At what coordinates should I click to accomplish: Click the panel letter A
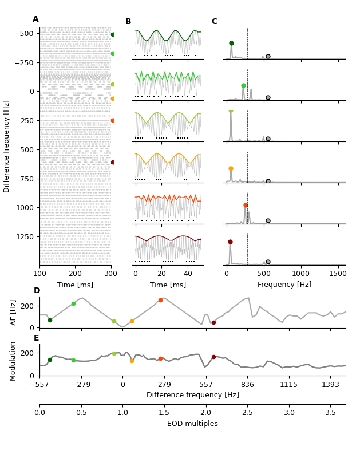click(35, 19)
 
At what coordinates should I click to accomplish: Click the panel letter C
click(215, 22)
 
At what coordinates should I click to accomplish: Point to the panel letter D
click(37, 291)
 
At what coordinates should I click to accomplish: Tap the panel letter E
click(37, 338)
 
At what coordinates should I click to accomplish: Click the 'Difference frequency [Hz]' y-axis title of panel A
click(7, 146)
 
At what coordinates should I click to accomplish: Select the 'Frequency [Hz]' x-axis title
click(284, 285)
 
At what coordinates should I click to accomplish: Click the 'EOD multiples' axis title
click(192, 424)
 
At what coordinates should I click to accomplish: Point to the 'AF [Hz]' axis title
click(14, 312)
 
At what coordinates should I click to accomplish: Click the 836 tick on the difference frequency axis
click(247, 385)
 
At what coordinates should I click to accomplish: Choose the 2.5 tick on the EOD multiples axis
click(247, 413)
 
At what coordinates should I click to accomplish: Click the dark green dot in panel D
click(50, 320)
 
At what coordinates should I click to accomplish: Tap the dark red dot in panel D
click(213, 322)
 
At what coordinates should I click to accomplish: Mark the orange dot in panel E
click(132, 361)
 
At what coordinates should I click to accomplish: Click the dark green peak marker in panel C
click(231, 43)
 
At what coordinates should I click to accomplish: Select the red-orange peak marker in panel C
click(246, 205)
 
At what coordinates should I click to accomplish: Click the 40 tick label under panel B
click(188, 274)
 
